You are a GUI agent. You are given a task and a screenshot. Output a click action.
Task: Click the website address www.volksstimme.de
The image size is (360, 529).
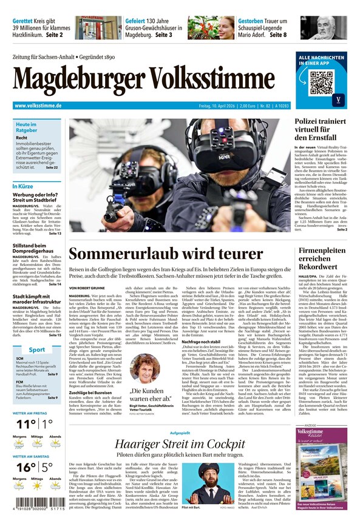tap(38, 106)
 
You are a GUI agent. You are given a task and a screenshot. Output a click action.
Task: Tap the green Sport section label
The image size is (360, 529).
tap(36, 349)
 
